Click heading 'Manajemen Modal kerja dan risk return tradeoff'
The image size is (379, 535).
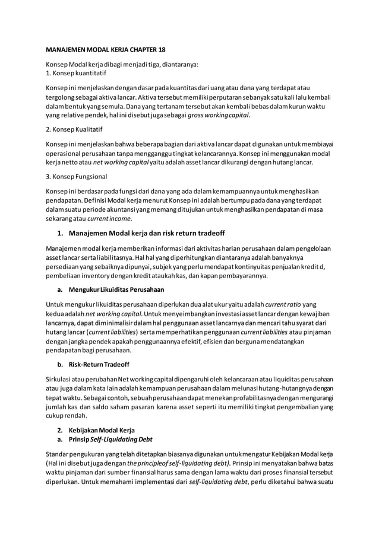147,231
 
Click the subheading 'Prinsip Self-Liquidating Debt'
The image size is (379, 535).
108,439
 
